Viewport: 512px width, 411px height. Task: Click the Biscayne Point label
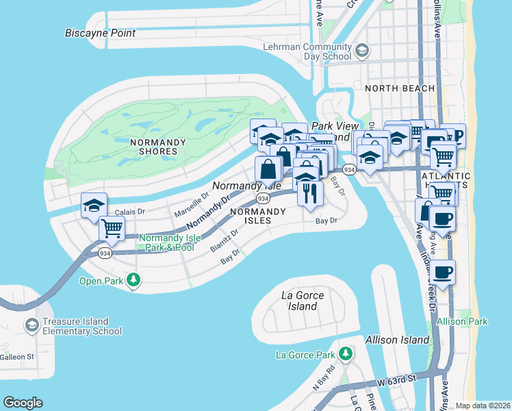coord(100,33)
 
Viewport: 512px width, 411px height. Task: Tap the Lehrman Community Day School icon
coord(362,49)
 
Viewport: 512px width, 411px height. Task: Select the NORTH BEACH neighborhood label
coord(399,88)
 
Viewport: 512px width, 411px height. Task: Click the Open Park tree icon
coord(134,279)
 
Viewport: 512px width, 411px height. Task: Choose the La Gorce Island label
coord(303,301)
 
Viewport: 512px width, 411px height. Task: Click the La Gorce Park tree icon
coord(346,353)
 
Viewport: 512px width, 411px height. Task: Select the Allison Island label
coord(398,339)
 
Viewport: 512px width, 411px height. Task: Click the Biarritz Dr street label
coord(225,240)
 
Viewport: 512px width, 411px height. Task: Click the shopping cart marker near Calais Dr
coord(112,228)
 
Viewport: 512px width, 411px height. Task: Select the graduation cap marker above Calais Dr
coord(94,204)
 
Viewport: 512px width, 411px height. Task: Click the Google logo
coord(23,403)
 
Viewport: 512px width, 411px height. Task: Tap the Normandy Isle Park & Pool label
coord(170,242)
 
